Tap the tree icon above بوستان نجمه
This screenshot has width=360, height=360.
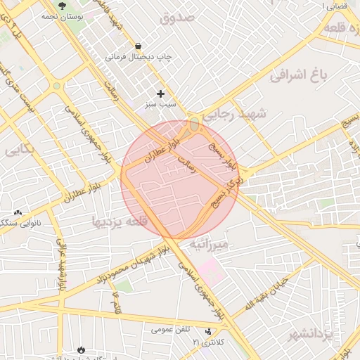point(63,4)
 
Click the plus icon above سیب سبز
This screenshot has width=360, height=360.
point(160,94)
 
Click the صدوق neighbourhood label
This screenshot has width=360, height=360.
point(176,18)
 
